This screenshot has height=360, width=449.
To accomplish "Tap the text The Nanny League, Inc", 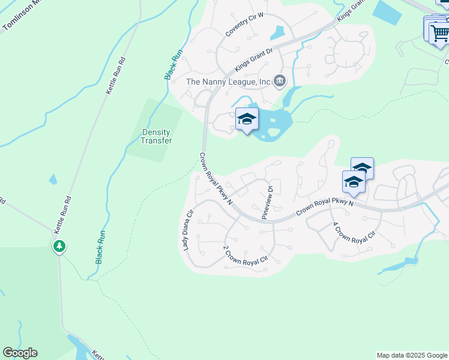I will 228,81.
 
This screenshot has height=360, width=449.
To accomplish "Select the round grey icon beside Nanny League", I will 279,80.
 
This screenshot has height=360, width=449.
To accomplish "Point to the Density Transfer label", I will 156,136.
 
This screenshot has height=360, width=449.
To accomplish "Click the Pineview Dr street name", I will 267,201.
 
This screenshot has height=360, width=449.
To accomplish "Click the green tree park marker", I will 59,246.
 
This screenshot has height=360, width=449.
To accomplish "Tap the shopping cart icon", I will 439,32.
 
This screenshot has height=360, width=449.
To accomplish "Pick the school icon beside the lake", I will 247,120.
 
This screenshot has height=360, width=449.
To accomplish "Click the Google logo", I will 20,353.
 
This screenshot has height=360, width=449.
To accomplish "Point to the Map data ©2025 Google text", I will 412,355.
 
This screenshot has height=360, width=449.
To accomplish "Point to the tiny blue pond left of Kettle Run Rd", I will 53,179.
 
